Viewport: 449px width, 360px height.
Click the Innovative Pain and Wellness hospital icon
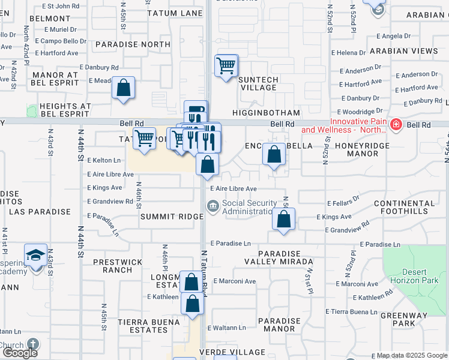(x=396, y=125)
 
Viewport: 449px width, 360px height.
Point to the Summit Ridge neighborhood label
(x=163, y=216)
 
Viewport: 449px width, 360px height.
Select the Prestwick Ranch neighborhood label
(x=118, y=266)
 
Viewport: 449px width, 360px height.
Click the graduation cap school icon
(x=36, y=255)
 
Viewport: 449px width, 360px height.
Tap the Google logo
(x=19, y=352)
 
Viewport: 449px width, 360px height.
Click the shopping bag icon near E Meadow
(x=123, y=88)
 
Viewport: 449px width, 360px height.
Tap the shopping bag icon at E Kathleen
(x=193, y=304)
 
